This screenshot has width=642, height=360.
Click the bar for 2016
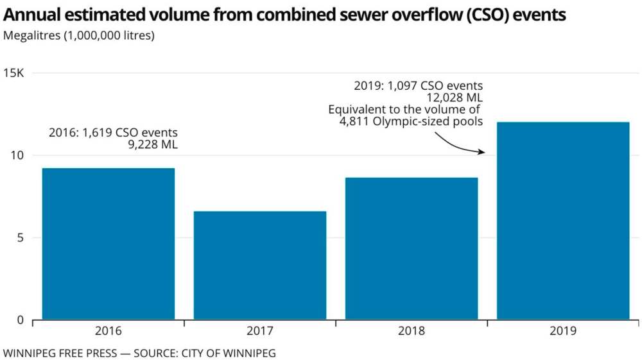pyautogui.click(x=108, y=244)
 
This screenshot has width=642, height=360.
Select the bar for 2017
pyautogui.click(x=260, y=265)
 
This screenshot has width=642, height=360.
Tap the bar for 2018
pyautogui.click(x=412, y=248)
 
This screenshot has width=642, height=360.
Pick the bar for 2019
pyautogui.click(x=563, y=221)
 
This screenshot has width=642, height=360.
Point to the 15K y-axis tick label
pyautogui.click(x=14, y=73)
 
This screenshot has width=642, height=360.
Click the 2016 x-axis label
pyautogui.click(x=108, y=332)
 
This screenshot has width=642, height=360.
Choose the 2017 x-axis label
pyautogui.click(x=260, y=332)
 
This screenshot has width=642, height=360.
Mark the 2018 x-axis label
pyautogui.click(x=412, y=332)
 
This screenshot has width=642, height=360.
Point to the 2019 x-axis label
pyautogui.click(x=563, y=332)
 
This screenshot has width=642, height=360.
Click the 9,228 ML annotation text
pyautogui.click(x=153, y=145)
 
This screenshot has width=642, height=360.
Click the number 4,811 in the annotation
pyautogui.click(x=356, y=121)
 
